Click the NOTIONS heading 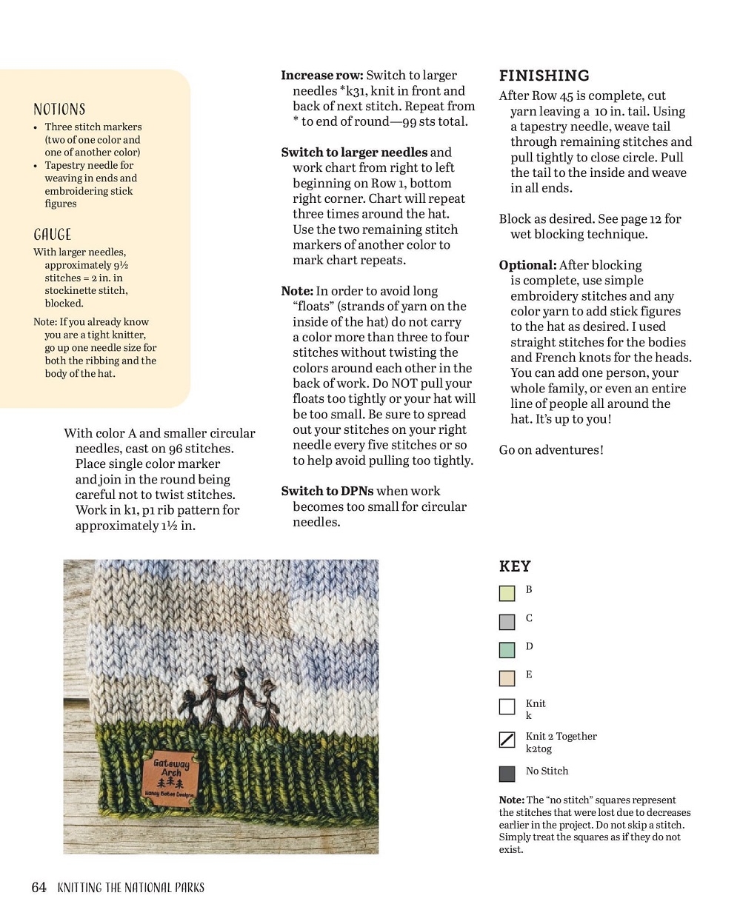(x=59, y=110)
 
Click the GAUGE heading (x=53, y=235)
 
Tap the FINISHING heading (x=544, y=76)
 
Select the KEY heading (x=515, y=566)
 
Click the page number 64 (x=39, y=887)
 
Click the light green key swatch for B (x=507, y=593)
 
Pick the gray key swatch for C (x=507, y=622)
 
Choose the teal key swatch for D (x=507, y=650)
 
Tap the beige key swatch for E (x=507, y=678)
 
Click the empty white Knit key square (x=507, y=707)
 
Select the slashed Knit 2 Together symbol (x=507, y=740)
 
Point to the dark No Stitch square (x=507, y=774)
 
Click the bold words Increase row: (x=321, y=76)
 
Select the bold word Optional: (x=527, y=265)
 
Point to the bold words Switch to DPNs (x=327, y=491)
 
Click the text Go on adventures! (x=551, y=449)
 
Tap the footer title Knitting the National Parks (x=130, y=887)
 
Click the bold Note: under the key (x=511, y=800)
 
